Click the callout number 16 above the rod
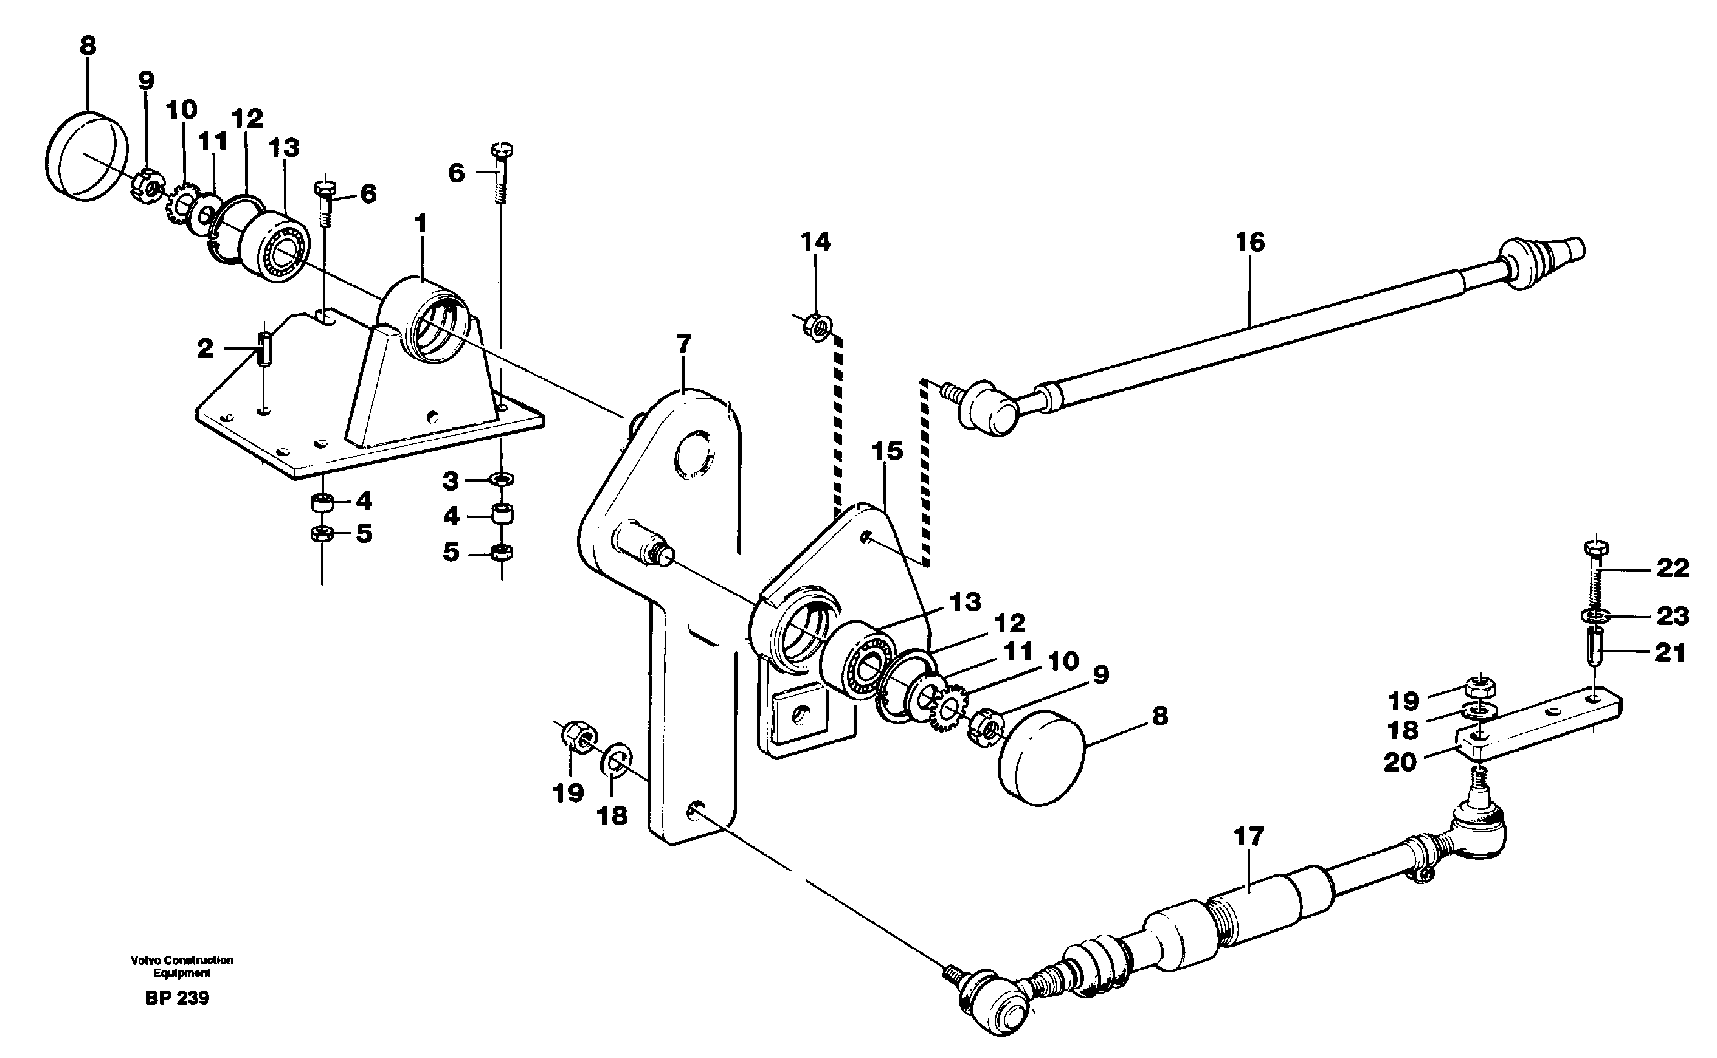click(1249, 243)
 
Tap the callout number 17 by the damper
click(1249, 836)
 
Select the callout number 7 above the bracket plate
click(683, 344)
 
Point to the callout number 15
click(886, 451)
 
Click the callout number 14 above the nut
click(815, 242)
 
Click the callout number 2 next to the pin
click(204, 348)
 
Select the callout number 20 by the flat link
click(1400, 762)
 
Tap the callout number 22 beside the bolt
click(1672, 568)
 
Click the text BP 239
click(176, 998)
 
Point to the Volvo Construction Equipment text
click(182, 966)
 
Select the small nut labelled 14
click(817, 325)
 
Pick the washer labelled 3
click(502, 479)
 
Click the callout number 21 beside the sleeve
click(1670, 654)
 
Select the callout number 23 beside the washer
click(1672, 617)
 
